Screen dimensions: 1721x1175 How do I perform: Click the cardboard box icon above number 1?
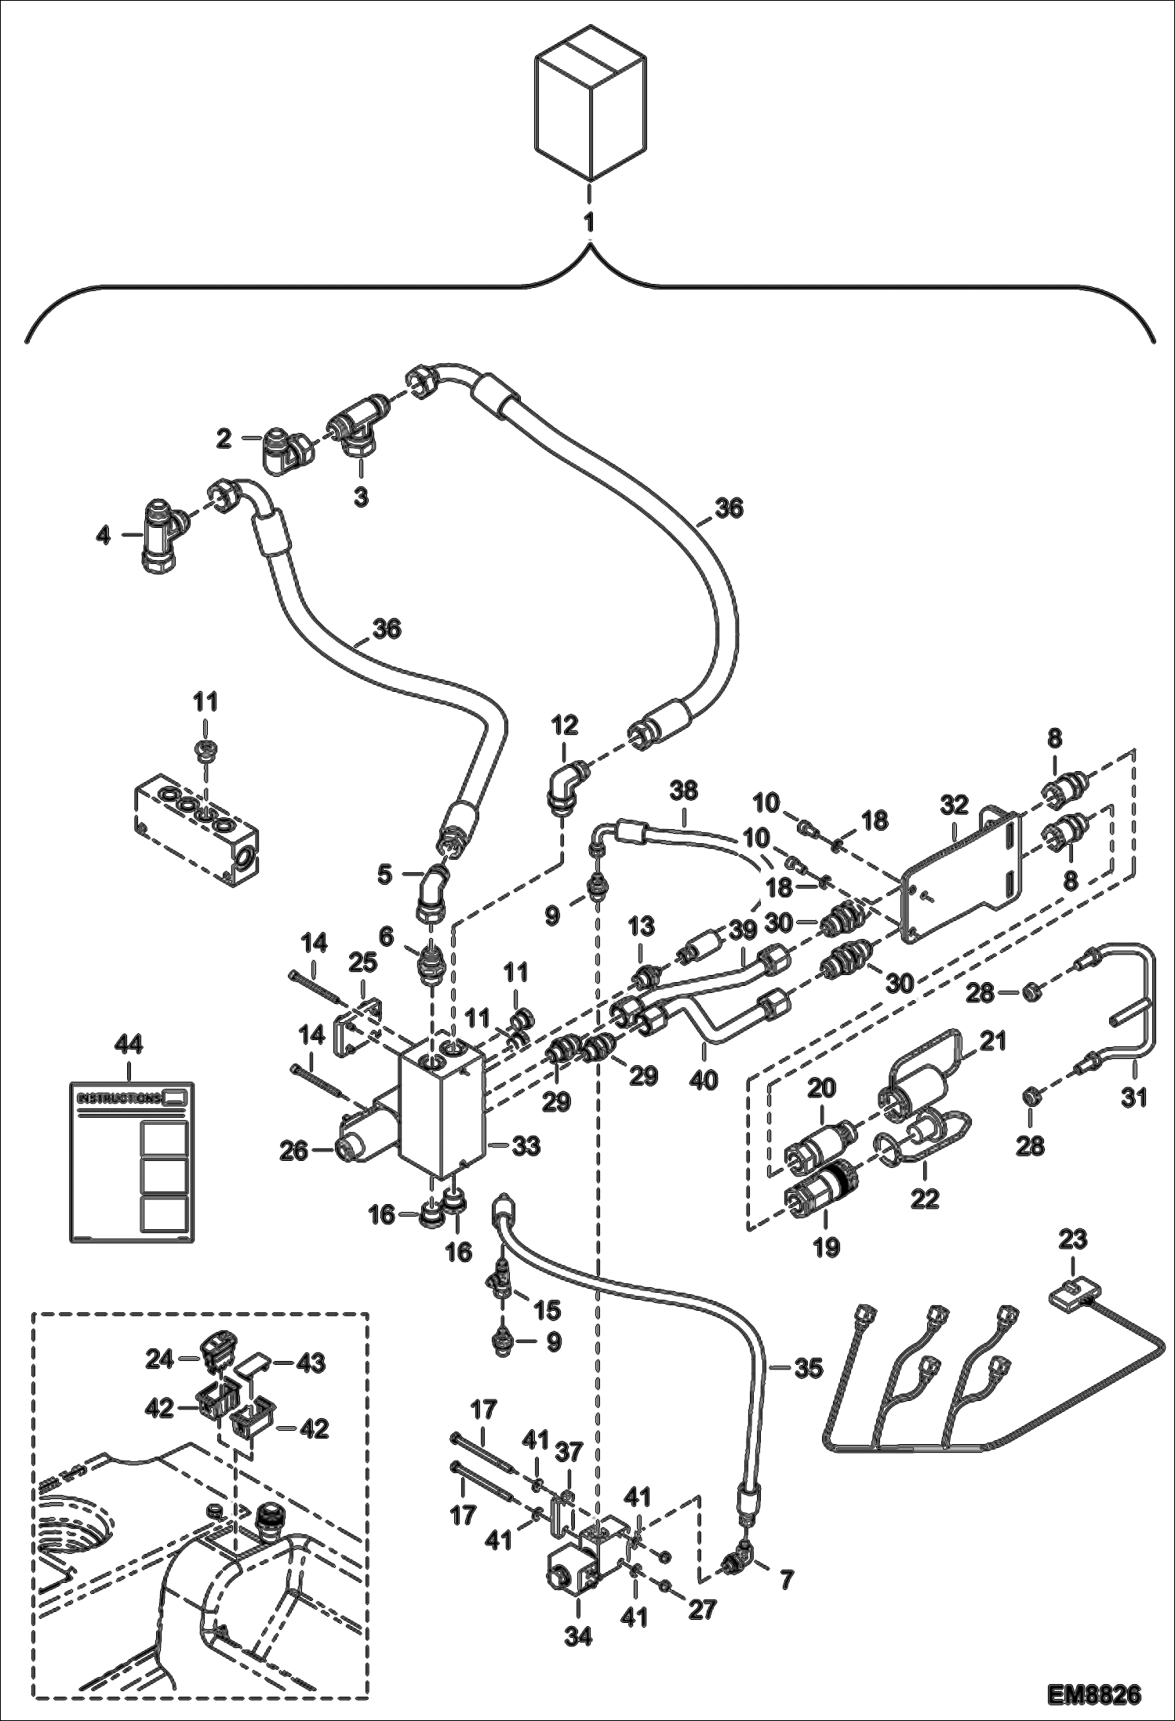(590, 104)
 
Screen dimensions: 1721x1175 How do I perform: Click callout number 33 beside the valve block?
(526, 1146)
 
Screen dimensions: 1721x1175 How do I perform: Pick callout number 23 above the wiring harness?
(1073, 1239)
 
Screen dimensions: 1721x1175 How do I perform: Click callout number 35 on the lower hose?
(809, 1368)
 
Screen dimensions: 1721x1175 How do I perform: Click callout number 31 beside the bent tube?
(1133, 1097)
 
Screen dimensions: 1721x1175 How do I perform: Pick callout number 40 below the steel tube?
(704, 1079)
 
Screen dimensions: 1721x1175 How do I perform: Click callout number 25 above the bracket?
(364, 962)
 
